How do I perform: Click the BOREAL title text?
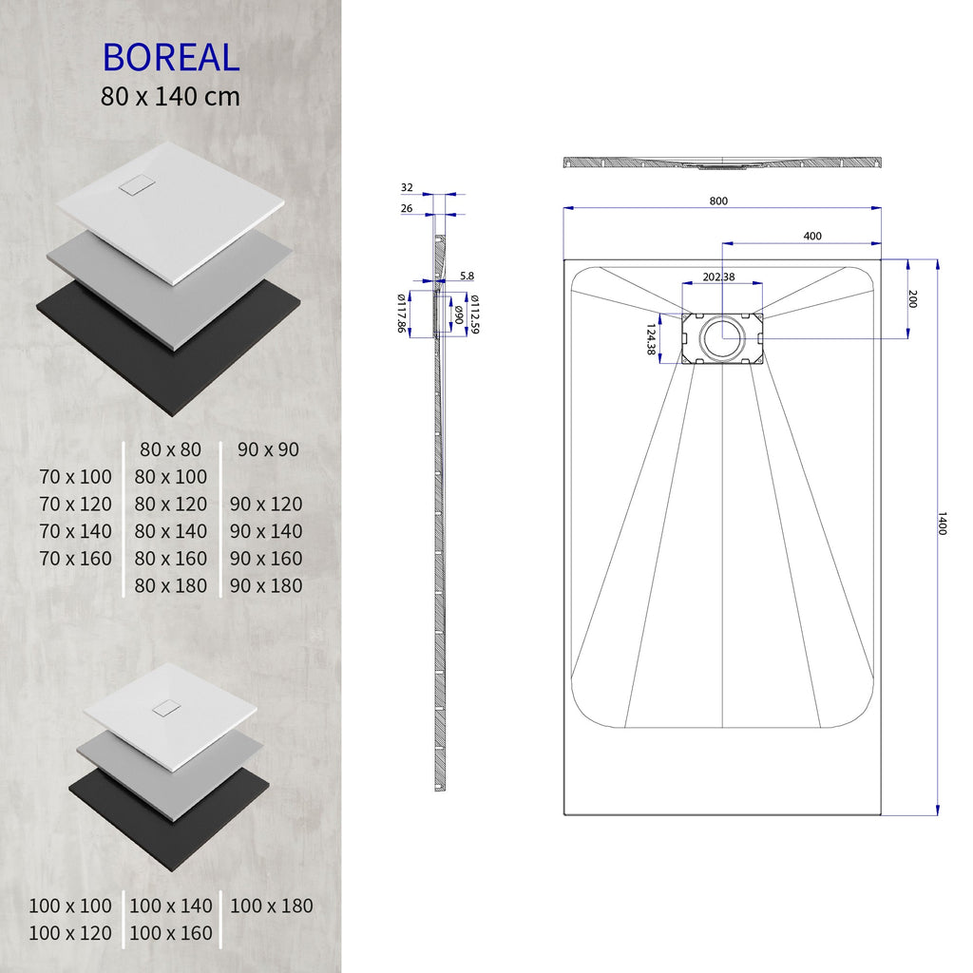(x=170, y=57)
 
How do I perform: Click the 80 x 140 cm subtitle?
(x=170, y=96)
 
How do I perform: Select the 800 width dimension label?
(x=718, y=200)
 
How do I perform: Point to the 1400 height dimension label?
(x=942, y=524)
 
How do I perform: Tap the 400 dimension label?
(x=812, y=236)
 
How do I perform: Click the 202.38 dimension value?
(x=718, y=277)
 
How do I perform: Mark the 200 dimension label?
(x=912, y=299)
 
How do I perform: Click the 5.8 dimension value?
(x=467, y=277)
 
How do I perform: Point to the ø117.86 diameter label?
(x=404, y=313)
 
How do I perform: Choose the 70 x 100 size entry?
(x=76, y=476)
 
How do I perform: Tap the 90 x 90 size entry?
(x=268, y=448)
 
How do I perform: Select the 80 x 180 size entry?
(x=171, y=585)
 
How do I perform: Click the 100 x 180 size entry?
(x=271, y=906)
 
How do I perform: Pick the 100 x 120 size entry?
(x=70, y=933)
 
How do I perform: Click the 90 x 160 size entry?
(x=266, y=558)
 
